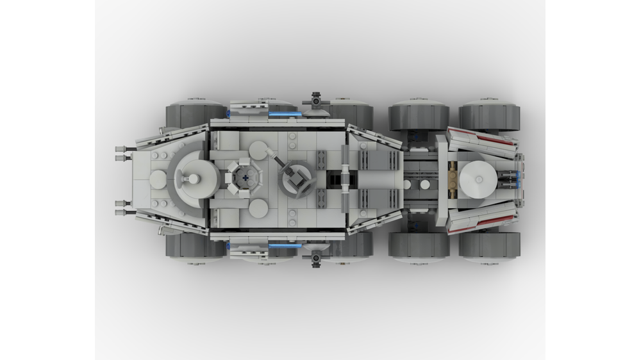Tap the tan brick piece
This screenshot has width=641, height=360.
click(x=453, y=177)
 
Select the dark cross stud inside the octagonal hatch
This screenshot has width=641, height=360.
click(x=246, y=179)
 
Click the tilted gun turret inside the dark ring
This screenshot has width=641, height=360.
click(x=297, y=176)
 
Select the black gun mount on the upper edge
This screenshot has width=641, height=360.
click(x=316, y=100)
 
